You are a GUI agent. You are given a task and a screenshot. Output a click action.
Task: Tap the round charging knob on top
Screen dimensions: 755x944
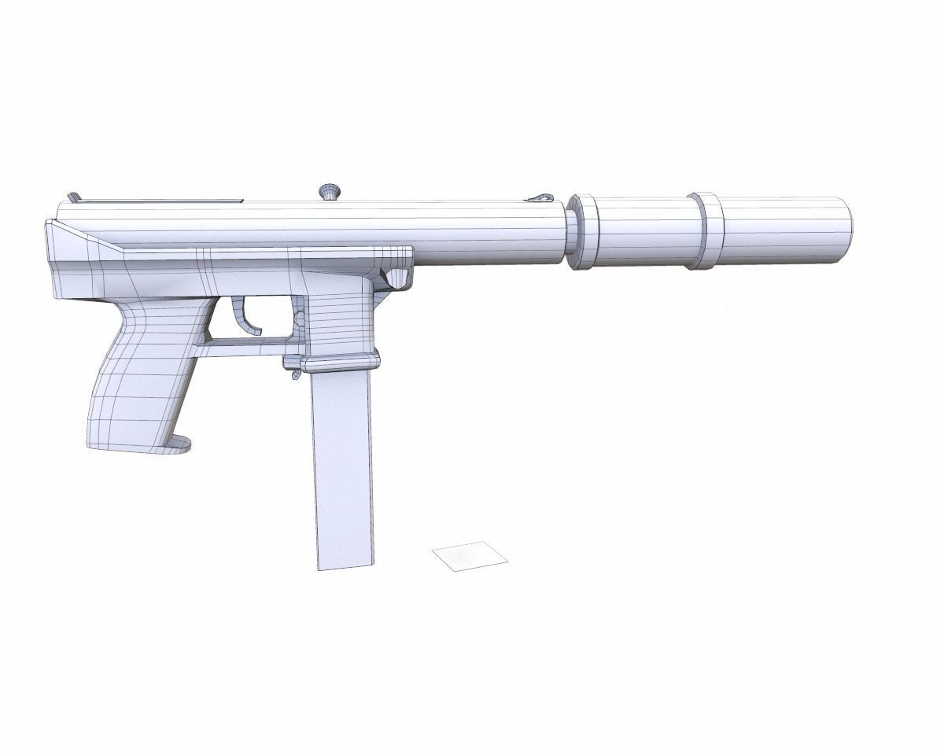[329, 191]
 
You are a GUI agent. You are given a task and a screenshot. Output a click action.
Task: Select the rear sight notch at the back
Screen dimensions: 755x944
[73, 197]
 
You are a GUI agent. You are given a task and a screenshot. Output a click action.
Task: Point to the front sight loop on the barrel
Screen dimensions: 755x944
[542, 197]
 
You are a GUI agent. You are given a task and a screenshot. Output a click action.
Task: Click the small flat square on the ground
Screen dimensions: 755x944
[470, 556]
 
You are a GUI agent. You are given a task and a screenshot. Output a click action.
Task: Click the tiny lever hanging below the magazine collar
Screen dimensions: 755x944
[296, 374]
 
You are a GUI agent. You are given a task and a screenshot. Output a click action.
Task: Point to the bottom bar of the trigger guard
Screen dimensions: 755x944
[240, 341]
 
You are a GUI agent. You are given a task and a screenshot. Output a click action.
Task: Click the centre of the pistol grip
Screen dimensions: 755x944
[142, 377]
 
